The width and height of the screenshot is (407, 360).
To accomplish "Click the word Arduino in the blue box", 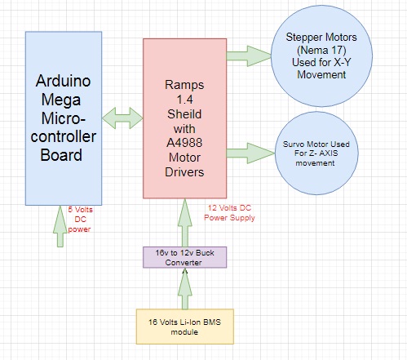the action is coord(63,81).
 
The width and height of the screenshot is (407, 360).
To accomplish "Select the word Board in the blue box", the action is coord(61,155).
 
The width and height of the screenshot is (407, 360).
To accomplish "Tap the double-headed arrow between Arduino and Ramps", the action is coord(122,118).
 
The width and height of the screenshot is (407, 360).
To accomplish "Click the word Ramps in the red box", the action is coord(184,85).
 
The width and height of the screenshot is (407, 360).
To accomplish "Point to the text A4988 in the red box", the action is coord(184,143).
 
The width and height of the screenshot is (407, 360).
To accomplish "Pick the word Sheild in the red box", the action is coord(184,113).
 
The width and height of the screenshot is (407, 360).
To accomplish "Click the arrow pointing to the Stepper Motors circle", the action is coord(249,56).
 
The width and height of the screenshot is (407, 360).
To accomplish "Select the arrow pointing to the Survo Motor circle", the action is coord(250,153).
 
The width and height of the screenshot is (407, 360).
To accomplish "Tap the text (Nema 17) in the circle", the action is coord(321,50).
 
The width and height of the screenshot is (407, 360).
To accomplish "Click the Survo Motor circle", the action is coord(316,153).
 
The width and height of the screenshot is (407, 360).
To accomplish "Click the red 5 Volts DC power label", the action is coord(80,220).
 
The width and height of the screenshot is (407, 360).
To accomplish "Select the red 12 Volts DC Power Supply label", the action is coord(229,213).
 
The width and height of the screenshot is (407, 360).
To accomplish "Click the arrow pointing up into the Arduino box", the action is coord(60,226).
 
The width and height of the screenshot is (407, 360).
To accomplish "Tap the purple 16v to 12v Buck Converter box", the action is coord(184,257).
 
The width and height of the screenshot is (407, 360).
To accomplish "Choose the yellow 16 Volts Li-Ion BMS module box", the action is coord(185,327).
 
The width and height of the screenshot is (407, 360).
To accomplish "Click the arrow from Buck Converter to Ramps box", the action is coord(185,223).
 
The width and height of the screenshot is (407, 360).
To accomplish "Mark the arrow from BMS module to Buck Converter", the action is coord(185,289).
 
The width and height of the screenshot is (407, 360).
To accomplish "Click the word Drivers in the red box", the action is coord(184,172).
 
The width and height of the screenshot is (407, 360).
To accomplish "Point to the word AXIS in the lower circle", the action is coord(329,153).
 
